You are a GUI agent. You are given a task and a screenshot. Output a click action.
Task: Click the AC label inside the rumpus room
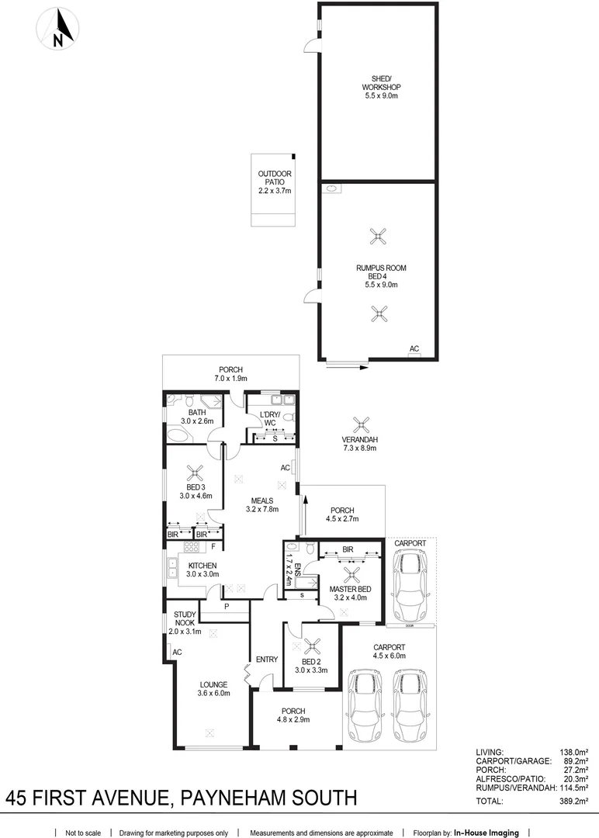pos(414,349)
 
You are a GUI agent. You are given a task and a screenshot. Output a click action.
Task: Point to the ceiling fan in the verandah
pos(359,424)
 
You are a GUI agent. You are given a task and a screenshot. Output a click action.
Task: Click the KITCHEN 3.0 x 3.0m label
pos(201,570)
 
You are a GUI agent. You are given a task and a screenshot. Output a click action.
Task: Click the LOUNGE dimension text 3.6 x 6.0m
pos(213,694)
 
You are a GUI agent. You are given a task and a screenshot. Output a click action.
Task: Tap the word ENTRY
pos(266,660)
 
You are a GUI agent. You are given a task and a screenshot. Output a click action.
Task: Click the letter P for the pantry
pos(226,608)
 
